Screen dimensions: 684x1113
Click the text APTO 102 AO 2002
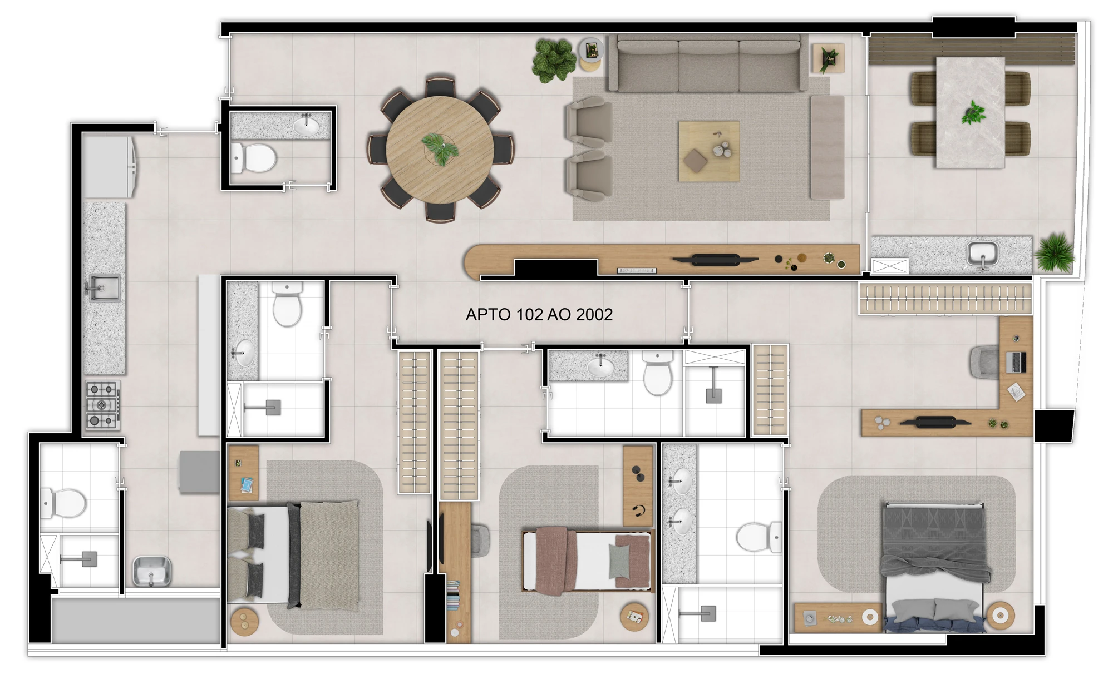tap(539, 315)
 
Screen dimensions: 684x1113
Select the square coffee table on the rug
tap(708, 151)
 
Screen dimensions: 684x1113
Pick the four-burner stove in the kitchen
tap(102, 404)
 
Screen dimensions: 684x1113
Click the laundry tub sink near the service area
tap(151, 571)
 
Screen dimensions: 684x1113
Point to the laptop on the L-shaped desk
tap(1016, 362)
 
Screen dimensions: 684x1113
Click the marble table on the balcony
tap(970, 112)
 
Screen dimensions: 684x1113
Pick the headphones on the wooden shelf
tap(639, 510)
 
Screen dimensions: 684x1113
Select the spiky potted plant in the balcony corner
tap(1055, 252)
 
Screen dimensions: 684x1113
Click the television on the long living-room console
tap(715, 259)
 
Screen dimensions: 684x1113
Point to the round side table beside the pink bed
tap(634, 616)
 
